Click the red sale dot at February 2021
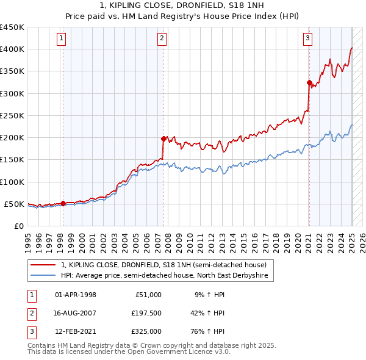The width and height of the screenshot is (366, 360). tap(309, 82)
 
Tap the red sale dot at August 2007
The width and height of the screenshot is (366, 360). tap(163, 139)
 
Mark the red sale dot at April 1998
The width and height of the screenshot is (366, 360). tap(63, 203)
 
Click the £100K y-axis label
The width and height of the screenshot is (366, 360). tap(13, 182)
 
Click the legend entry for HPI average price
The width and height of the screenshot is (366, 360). tap(164, 276)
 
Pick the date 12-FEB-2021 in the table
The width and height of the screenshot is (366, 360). tap(76, 331)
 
